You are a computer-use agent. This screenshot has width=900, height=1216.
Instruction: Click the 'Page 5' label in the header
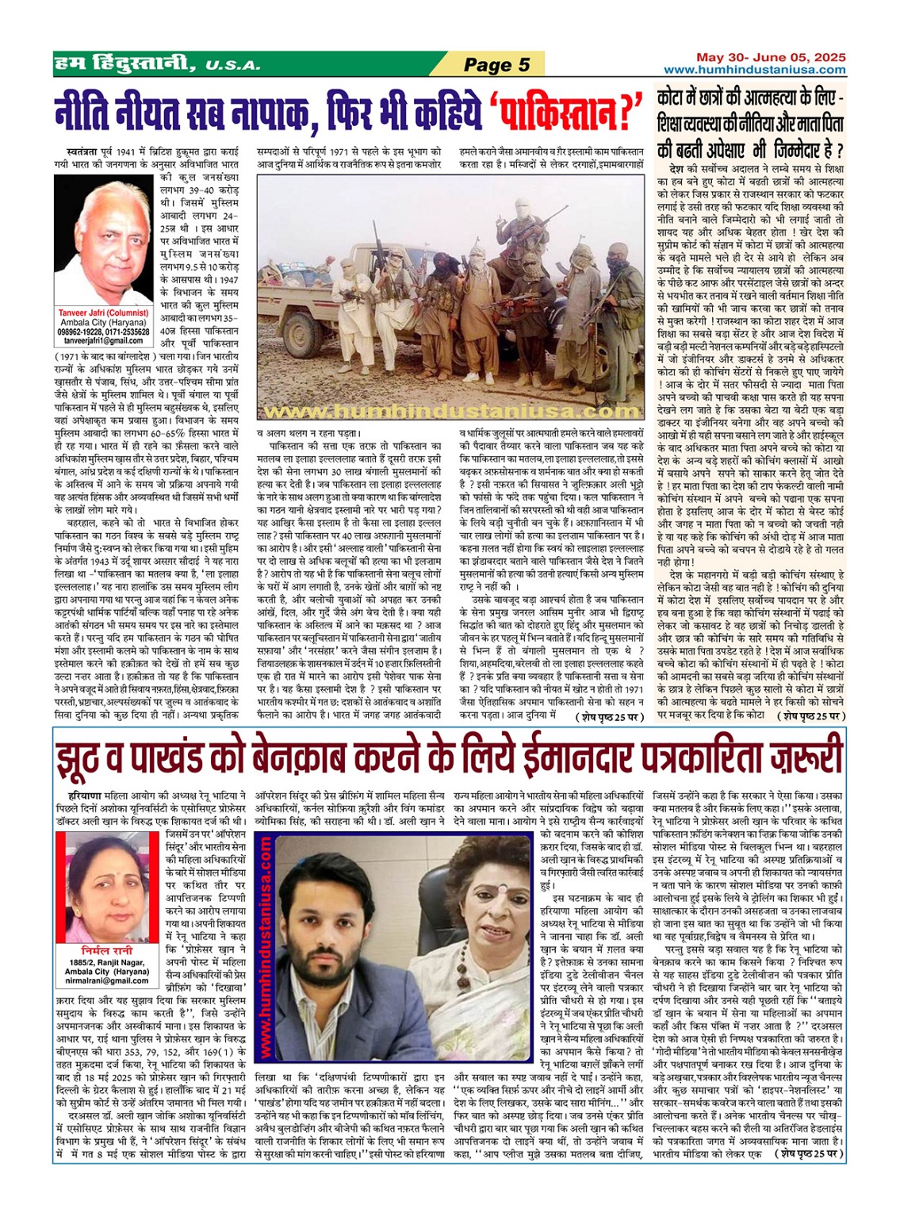[496, 64]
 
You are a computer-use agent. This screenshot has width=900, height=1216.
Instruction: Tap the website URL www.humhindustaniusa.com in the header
[755, 70]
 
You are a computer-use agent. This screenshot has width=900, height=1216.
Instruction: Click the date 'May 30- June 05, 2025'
[771, 57]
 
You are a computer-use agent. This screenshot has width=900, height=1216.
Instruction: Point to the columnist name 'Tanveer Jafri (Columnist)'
[103, 313]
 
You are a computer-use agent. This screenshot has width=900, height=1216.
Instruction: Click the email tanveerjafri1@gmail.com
[103, 340]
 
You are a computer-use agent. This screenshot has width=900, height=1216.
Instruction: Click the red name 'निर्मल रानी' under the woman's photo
[106, 949]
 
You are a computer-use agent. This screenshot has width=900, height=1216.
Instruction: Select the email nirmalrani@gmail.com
[107, 981]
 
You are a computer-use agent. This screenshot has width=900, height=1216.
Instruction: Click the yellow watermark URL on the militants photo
[451, 412]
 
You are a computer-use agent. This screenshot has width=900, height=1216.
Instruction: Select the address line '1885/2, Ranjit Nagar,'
[106, 962]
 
